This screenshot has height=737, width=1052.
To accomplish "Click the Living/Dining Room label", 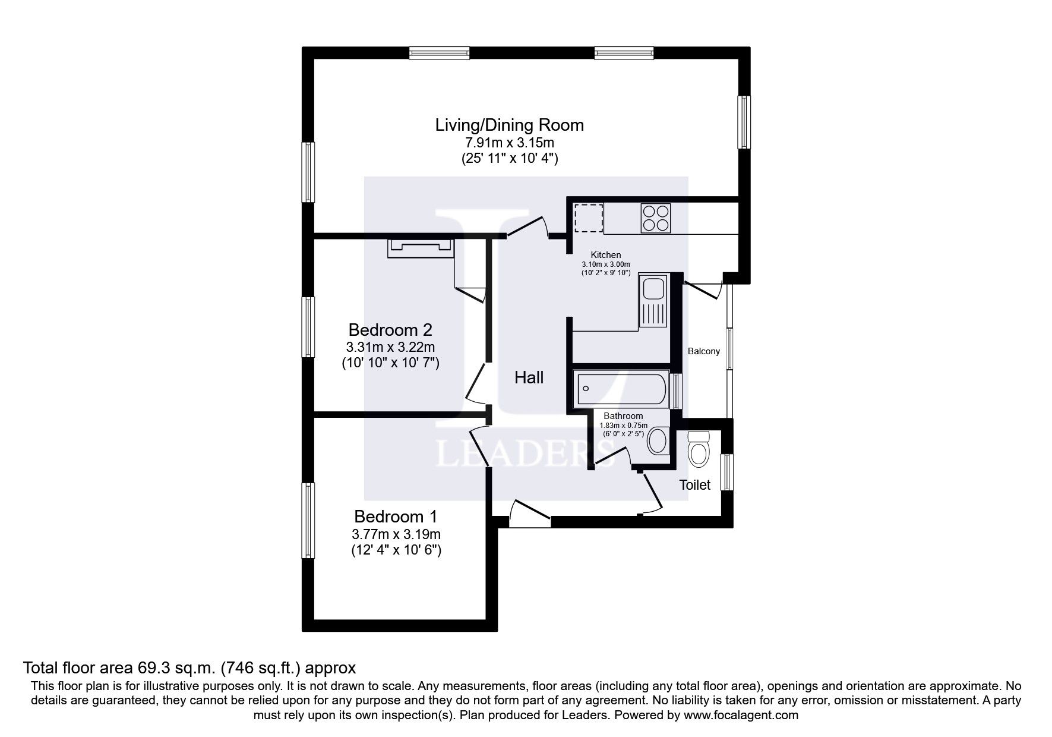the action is (510, 125).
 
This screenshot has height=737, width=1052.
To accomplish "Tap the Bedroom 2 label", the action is (390, 330).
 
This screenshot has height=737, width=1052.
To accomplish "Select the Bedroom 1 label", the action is (396, 516).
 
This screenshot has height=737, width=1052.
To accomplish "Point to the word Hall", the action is (529, 377).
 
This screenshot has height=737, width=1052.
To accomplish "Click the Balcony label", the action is (704, 351).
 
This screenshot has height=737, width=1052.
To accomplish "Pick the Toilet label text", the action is (695, 485).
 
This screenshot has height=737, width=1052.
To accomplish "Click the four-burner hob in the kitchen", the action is (655, 218).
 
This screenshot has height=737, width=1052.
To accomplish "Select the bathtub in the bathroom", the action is (621, 389).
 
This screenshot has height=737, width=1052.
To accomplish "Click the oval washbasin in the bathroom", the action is (658, 441).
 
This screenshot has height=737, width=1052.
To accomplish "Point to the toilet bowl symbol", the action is (698, 449).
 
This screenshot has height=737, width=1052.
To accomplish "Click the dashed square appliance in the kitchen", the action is (589, 218).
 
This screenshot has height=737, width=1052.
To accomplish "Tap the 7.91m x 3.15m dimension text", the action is (510, 143).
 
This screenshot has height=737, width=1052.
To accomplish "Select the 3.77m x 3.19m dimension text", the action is (396, 534).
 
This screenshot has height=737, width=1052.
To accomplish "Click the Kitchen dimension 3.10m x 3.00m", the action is (606, 264).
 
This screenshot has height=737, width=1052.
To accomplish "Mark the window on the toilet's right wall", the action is (726, 473).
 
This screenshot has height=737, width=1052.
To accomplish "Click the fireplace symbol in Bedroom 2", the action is (421, 248).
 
